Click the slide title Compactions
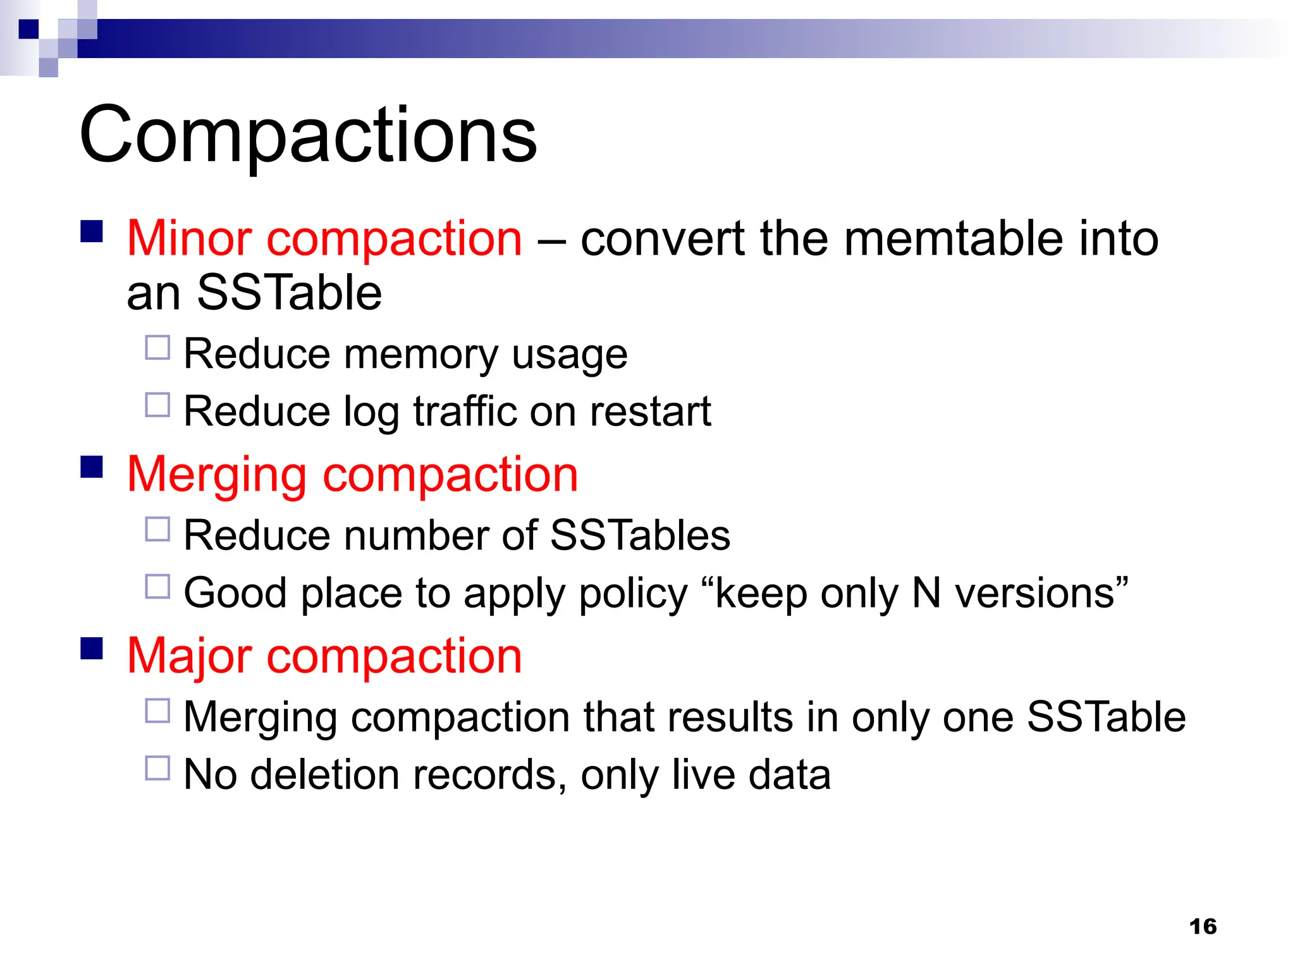click(x=308, y=135)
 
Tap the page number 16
click(x=1203, y=926)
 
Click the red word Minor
click(x=190, y=239)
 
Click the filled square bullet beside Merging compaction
click(x=92, y=467)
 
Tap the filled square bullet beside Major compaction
click(x=92, y=649)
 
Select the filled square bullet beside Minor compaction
click(x=92, y=231)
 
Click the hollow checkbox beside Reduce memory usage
click(x=157, y=348)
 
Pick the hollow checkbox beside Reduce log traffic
click(x=157, y=405)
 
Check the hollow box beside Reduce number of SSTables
click(x=157, y=529)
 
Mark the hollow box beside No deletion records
click(x=157, y=768)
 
